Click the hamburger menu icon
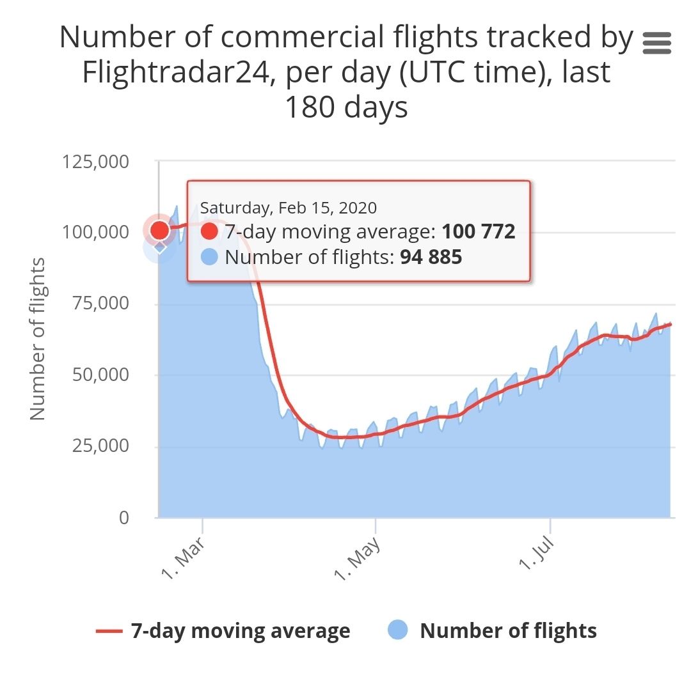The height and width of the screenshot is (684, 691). tap(656, 43)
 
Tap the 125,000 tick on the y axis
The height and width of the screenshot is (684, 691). tap(95, 161)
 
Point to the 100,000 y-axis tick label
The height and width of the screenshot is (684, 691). tap(95, 232)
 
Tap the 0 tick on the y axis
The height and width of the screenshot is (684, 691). tap(124, 517)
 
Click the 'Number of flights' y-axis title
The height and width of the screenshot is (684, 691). tap(38, 339)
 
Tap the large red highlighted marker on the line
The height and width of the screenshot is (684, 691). tap(159, 230)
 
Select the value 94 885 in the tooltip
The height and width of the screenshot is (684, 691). tap(431, 258)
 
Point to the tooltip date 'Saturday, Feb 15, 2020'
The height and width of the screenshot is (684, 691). tap(289, 208)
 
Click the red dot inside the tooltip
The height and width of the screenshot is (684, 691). tap(209, 231)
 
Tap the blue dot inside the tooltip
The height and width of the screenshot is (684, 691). tap(209, 258)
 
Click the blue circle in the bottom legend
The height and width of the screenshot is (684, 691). tap(397, 631)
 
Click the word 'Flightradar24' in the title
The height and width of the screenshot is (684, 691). tap(179, 73)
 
